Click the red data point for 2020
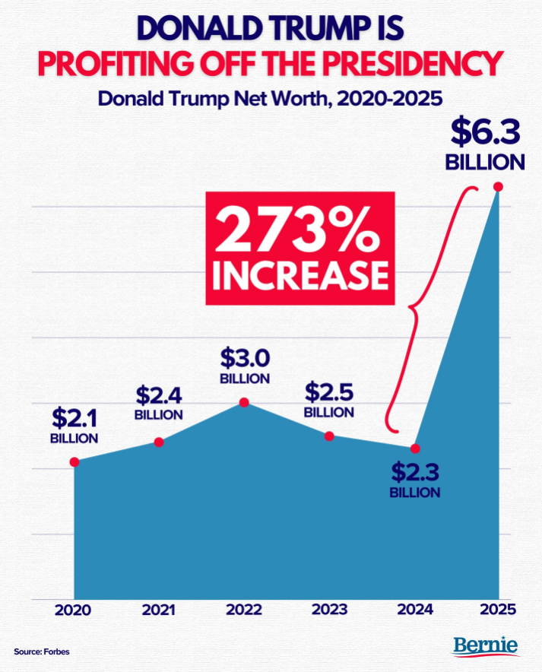coord(74,461)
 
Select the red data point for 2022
coord(244,401)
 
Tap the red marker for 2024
coord(415,448)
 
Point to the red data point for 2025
coord(499,187)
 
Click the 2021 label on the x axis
coord(159,610)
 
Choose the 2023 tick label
coord(329,610)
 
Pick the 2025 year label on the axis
coord(498,610)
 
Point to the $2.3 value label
coord(415,471)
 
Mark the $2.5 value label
coord(329,392)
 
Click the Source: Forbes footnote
coord(36,652)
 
